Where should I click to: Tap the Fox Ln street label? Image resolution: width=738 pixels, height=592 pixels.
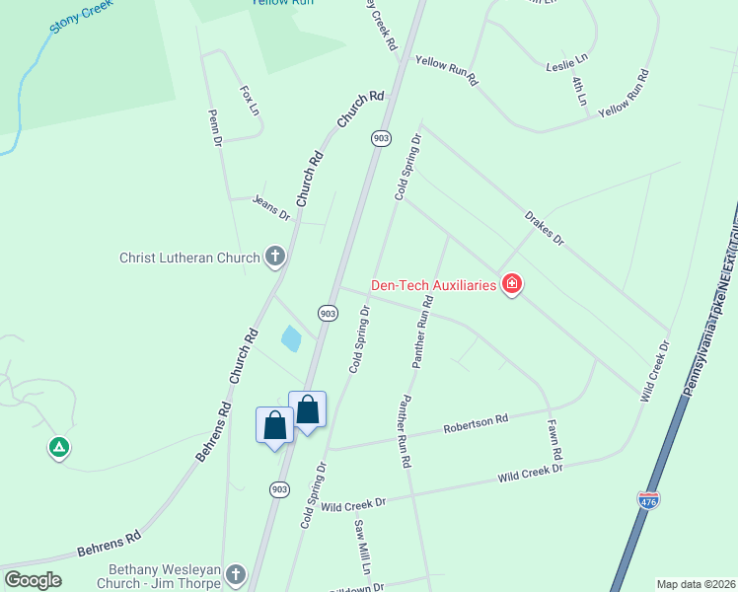[x=249, y=98]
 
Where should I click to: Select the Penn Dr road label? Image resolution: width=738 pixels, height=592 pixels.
[x=215, y=128]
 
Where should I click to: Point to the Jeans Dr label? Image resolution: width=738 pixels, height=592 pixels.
[x=271, y=207]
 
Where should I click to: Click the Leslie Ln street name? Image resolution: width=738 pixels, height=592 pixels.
[x=566, y=66]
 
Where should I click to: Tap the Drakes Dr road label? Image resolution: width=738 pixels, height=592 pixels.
[x=544, y=227]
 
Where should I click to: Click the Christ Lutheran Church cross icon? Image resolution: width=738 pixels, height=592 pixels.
[x=275, y=259]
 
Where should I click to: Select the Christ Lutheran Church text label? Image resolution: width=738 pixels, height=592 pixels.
[x=189, y=259]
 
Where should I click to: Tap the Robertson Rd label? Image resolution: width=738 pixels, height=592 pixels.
[x=476, y=424]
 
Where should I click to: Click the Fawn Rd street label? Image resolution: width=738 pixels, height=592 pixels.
[x=555, y=440]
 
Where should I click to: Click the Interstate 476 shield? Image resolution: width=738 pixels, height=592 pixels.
[x=648, y=501]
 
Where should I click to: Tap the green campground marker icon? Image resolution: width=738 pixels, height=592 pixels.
[x=59, y=448]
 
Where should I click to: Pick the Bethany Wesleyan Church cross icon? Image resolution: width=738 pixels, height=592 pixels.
[x=235, y=573]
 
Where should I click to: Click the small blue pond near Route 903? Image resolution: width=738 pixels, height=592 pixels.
[x=291, y=339]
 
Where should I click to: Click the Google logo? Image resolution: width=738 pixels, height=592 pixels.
[x=33, y=580]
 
